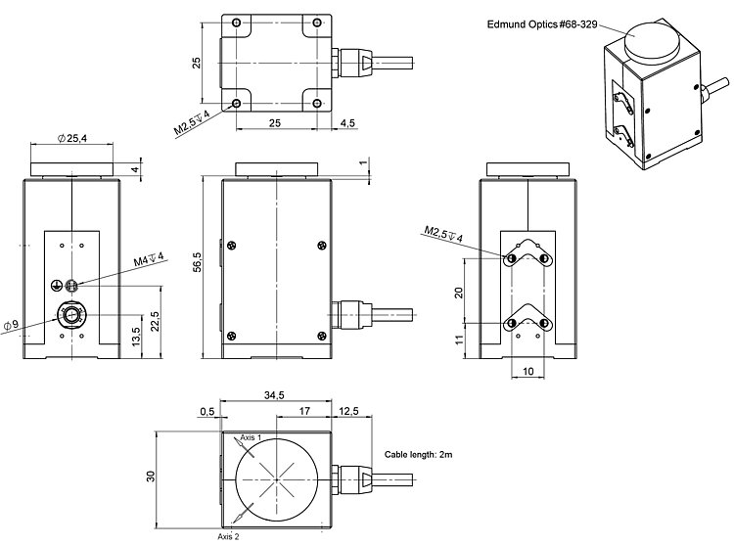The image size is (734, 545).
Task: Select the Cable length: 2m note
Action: tap(417, 455)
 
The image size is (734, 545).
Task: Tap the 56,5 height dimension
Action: tap(198, 261)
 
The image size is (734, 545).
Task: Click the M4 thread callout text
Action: tap(149, 260)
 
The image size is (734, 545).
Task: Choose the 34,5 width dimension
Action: tap(273, 394)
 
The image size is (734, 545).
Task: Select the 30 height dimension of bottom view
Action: tap(151, 476)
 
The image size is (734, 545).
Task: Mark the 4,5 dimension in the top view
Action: tap(348, 123)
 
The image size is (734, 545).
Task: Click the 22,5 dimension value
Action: tap(155, 321)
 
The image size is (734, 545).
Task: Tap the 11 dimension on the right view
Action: tap(459, 340)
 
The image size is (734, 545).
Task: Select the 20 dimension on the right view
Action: tap(459, 292)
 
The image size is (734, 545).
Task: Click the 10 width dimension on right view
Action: tap(528, 372)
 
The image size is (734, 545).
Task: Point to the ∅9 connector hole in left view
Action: tap(71, 314)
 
